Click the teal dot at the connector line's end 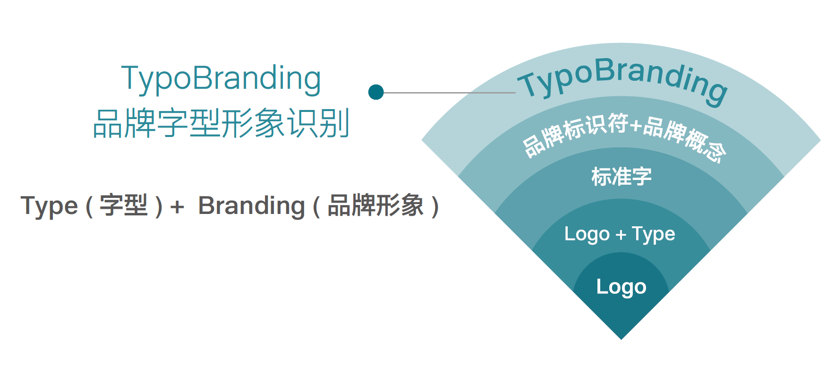pos(376,92)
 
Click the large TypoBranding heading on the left pos(221,78)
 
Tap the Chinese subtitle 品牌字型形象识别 pos(221,123)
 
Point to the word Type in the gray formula pos(49,206)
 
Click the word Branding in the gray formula pos(252,206)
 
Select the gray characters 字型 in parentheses pos(124,205)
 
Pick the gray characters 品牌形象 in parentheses pos(375,205)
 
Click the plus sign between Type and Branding pos(177,207)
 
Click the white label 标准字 pos(622,176)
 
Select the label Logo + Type pos(620,234)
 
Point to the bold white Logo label pos(621,287)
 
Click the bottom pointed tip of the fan pos(621,339)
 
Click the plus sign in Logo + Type pos(621,234)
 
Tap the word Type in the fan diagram pos(654,234)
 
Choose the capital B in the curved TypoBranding pos(604,70)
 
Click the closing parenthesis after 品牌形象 pos(435,206)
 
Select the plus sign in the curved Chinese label pos(636,125)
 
